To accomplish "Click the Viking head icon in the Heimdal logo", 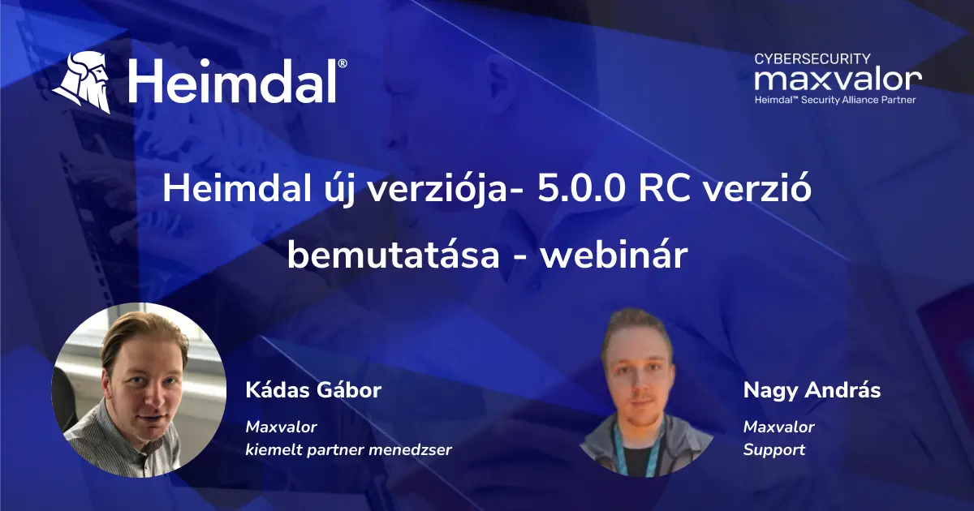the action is [x=83, y=82].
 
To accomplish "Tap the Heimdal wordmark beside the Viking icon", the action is [x=233, y=82].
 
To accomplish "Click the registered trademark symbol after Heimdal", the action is [x=343, y=63].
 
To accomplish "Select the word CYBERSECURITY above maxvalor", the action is [x=812, y=58].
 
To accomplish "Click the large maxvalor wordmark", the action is [x=838, y=80].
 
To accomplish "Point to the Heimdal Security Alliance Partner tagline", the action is [x=835, y=100].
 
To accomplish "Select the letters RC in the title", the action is [x=665, y=189].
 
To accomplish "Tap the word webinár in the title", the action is [x=614, y=255].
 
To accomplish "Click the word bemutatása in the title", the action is [x=394, y=255].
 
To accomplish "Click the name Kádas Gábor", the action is [x=313, y=390].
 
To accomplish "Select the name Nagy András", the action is [x=812, y=391].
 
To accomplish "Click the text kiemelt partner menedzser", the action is [x=349, y=450].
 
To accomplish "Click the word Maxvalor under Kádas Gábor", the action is [x=282, y=427].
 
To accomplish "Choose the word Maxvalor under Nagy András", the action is [x=778, y=427].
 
